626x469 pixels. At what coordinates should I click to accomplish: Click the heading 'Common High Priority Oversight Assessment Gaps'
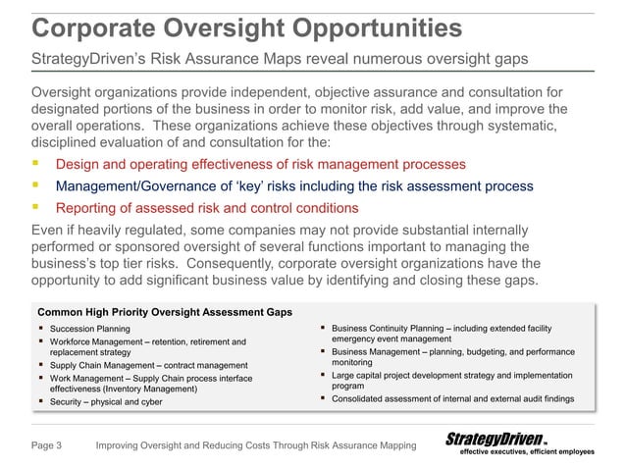coord(164,312)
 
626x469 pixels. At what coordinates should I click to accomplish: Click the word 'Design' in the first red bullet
coord(78,163)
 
